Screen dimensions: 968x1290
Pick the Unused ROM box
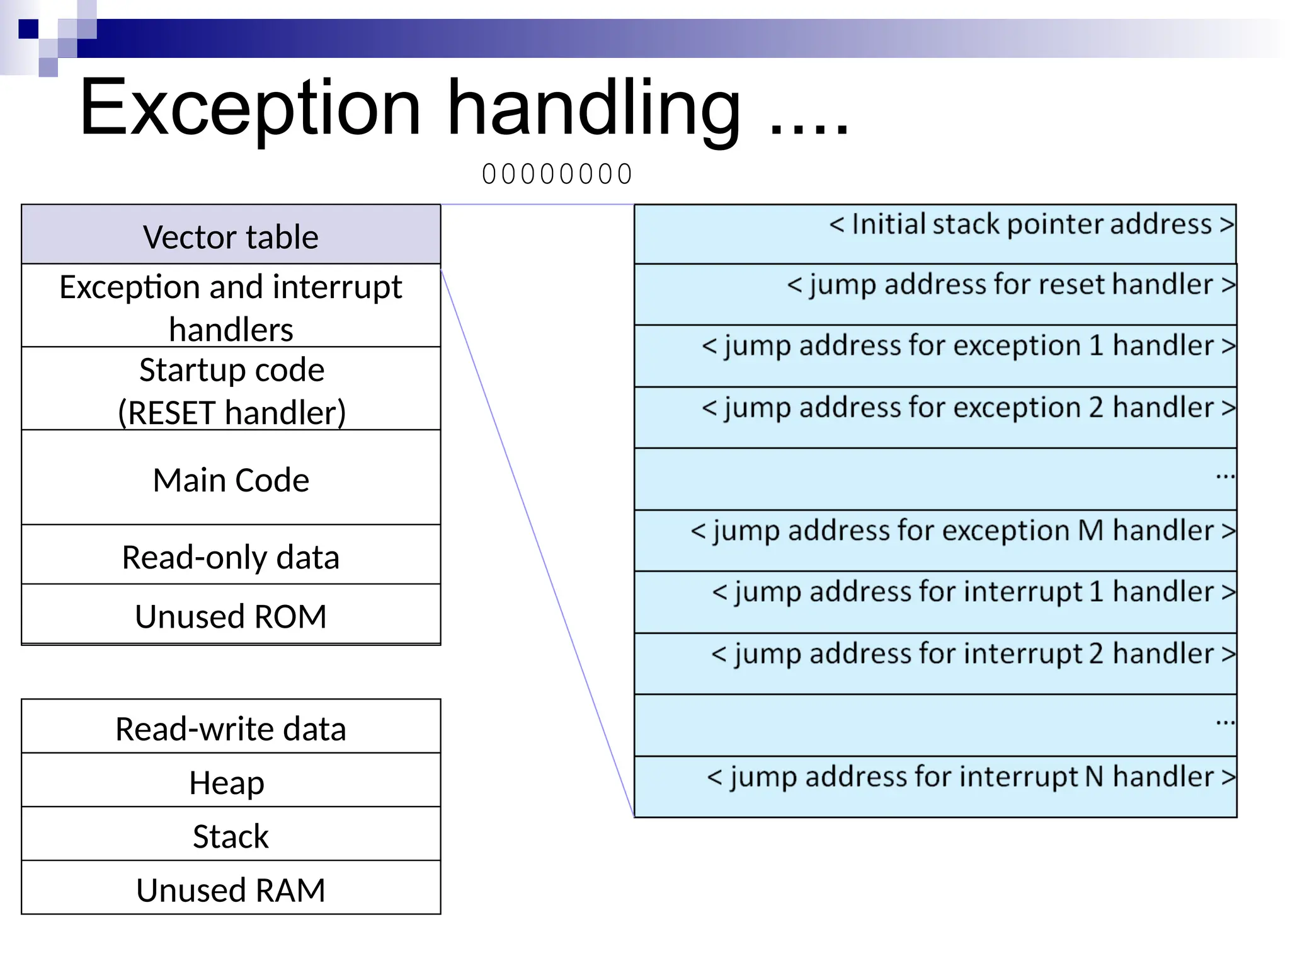[231, 616]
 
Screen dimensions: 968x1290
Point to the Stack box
[231, 836]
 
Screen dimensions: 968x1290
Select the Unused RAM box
[231, 889]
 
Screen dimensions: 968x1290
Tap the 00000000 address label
[557, 174]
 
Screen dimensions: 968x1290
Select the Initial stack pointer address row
[935, 233]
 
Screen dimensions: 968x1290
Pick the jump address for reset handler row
[935, 293]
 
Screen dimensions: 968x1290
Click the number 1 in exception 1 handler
[1096, 345]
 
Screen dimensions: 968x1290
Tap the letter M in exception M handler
[1090, 530]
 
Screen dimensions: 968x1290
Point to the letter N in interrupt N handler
[1094, 776]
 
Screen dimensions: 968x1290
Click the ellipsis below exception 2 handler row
[1224, 476]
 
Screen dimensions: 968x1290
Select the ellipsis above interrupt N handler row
[1224, 723]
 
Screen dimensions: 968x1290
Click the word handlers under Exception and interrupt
[231, 330]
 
